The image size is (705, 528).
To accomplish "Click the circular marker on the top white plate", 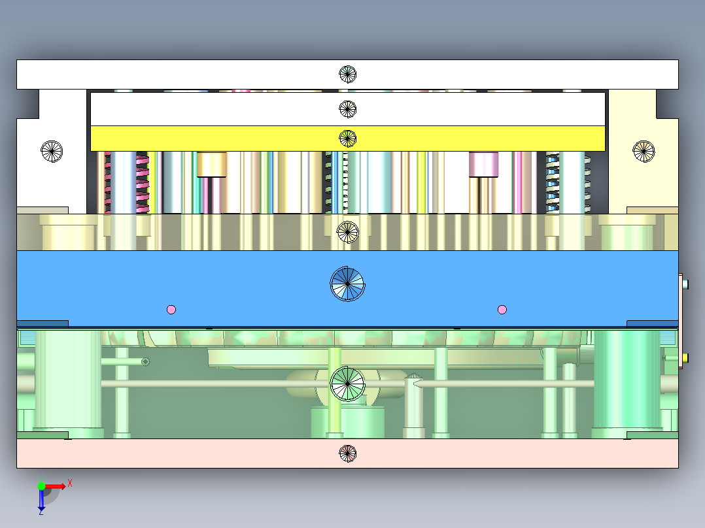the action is click(x=347, y=74).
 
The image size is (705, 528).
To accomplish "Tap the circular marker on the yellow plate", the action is click(x=347, y=139).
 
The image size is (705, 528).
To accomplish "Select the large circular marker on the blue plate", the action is click(x=347, y=284).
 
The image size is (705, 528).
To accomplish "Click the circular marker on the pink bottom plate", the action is click(x=347, y=454).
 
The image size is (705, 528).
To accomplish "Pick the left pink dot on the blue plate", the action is click(x=171, y=309).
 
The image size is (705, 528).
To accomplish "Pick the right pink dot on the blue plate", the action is click(x=502, y=309).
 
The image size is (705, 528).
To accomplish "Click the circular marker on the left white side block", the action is click(x=52, y=151).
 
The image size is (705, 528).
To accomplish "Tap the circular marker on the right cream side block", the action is click(x=644, y=151).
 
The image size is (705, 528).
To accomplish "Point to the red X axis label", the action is click(x=70, y=484).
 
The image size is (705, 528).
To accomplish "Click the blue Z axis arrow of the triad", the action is click(x=41, y=498).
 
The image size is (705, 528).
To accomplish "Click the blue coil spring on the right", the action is click(x=553, y=182).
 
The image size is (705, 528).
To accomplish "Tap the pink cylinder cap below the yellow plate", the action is click(x=483, y=165).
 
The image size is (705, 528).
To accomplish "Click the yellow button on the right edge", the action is click(x=685, y=358).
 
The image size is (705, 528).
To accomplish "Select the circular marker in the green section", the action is click(x=347, y=384).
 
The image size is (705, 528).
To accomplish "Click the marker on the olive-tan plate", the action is click(x=347, y=232).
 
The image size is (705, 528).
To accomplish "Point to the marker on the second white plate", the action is click(x=347, y=108).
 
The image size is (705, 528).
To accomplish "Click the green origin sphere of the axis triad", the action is click(x=41, y=486).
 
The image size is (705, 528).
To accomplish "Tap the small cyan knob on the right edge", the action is click(x=685, y=284).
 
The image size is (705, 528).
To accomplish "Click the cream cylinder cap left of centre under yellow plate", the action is click(x=211, y=165).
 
